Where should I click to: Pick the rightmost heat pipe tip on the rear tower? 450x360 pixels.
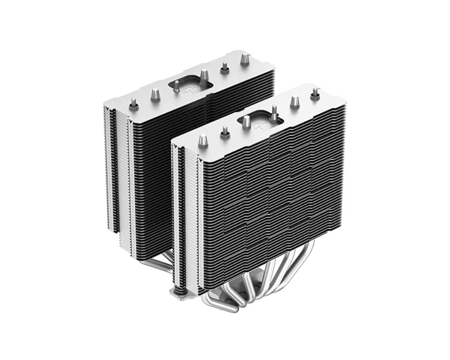(x=245, y=59)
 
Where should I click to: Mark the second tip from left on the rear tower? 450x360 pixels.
(x=155, y=94)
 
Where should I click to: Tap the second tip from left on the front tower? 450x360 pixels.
(x=224, y=130)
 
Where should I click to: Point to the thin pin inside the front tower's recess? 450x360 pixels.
(x=273, y=110)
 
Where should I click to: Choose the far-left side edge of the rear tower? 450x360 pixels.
(x=108, y=166)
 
